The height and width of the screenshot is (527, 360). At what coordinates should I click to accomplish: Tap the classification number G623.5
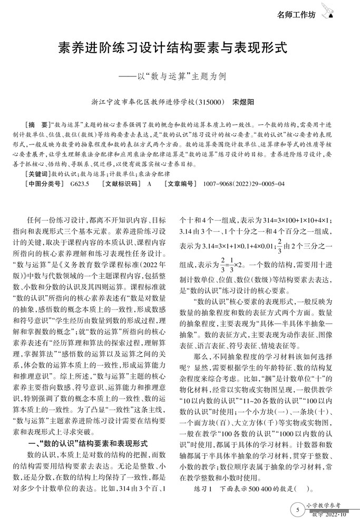click(x=80, y=183)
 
